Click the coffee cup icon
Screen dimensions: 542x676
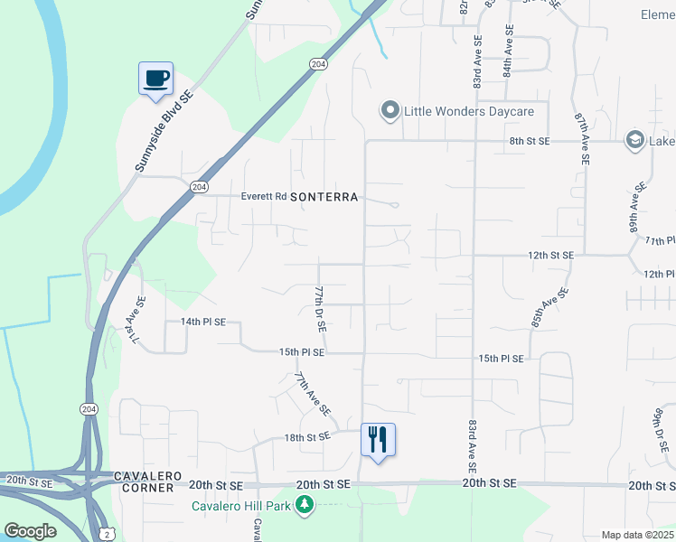(155, 78)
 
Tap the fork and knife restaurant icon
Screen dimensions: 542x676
(378, 440)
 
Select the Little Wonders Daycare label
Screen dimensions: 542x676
(468, 111)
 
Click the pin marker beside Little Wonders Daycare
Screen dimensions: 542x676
(390, 111)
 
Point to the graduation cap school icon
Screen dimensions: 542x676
(635, 140)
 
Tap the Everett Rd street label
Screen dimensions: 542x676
(264, 196)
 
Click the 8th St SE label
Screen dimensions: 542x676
(530, 141)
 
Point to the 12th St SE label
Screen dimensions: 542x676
(550, 256)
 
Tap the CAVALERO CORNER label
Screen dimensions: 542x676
(145, 481)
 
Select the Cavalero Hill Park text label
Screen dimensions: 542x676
(241, 506)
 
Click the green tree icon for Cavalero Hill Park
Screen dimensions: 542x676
(306, 504)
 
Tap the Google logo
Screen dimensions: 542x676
(30, 531)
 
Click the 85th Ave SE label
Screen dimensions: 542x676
(549, 307)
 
